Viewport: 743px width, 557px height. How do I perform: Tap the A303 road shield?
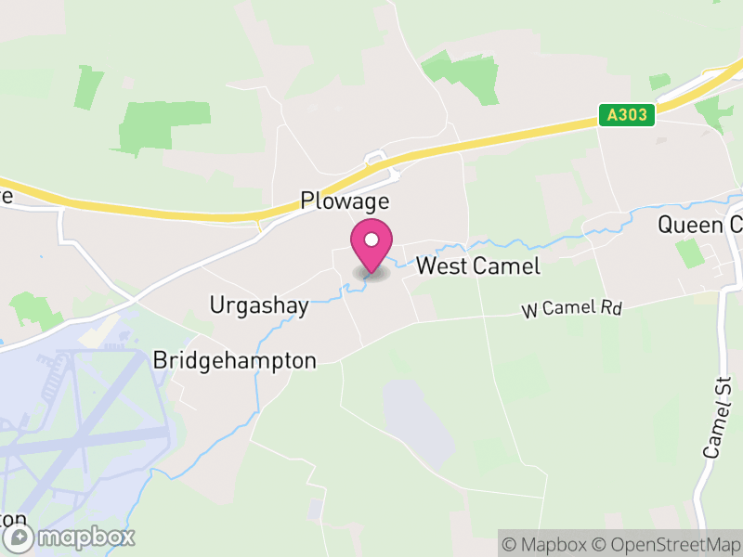point(627,115)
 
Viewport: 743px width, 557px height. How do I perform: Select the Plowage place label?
point(344,201)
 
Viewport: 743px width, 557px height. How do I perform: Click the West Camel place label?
point(477,266)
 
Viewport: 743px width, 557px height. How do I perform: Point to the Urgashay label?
point(259,305)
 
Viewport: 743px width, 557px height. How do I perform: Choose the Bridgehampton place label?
point(235,360)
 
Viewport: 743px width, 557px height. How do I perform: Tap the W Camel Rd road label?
point(570,309)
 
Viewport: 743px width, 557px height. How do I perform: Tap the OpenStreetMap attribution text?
point(668,542)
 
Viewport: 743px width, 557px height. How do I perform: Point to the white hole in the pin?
point(371,241)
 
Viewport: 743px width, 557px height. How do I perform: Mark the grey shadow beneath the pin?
point(371,274)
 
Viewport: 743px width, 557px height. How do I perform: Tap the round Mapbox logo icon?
point(20,538)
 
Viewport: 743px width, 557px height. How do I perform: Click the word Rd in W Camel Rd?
point(609,305)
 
